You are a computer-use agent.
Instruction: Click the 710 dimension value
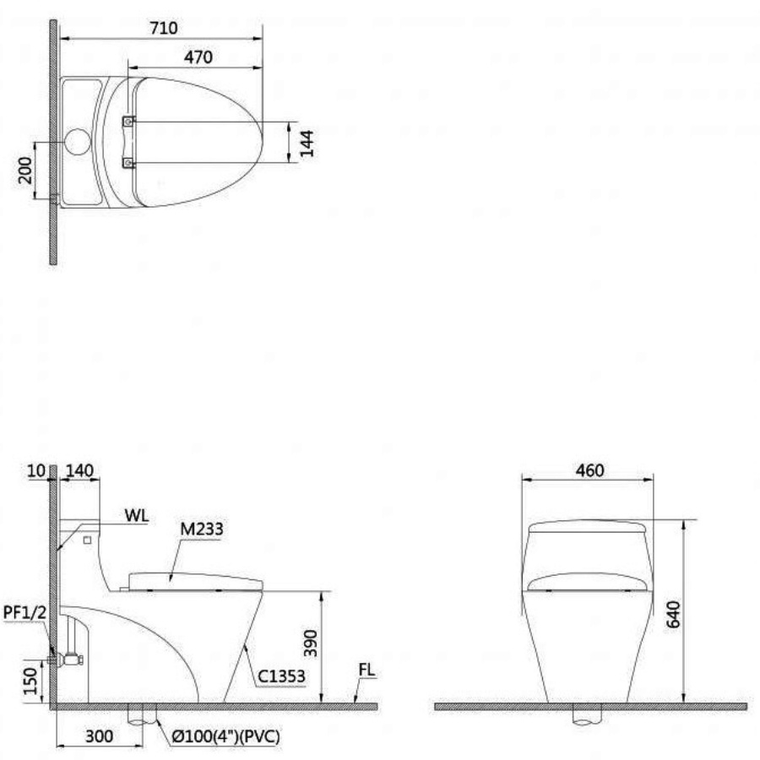[x=163, y=28]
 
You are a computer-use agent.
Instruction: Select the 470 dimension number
[x=198, y=57]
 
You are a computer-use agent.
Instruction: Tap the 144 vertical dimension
[x=307, y=144]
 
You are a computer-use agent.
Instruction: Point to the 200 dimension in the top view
[x=25, y=170]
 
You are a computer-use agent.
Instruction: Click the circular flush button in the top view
[x=78, y=142]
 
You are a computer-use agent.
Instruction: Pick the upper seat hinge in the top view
[x=128, y=122]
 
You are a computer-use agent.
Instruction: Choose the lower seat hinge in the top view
[x=128, y=163]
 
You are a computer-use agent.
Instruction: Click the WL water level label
[x=137, y=515]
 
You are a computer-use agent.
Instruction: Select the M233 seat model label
[x=202, y=529]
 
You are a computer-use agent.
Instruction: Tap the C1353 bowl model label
[x=281, y=676]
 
